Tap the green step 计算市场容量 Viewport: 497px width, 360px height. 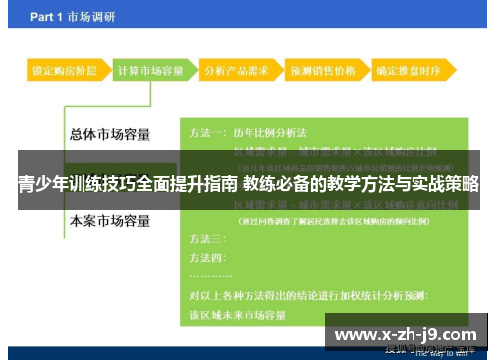[x=150, y=72]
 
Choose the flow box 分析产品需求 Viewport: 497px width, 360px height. [x=234, y=72]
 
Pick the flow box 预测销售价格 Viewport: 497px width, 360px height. [x=321, y=72]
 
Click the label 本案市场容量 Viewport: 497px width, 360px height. [x=109, y=219]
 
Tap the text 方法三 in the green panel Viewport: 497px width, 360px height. [x=207, y=239]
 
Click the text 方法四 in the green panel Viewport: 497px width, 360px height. [x=207, y=258]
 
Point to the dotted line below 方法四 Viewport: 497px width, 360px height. [x=210, y=275]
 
